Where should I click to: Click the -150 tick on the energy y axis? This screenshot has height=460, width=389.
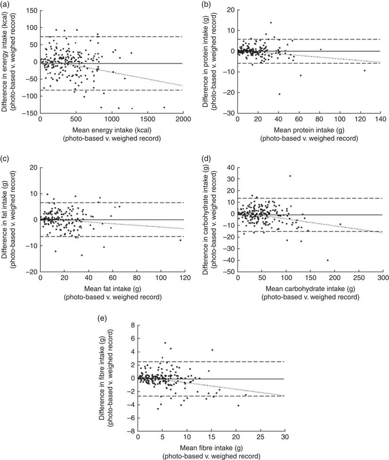coord(30,113)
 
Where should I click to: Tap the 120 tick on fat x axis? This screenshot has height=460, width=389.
coord(185,278)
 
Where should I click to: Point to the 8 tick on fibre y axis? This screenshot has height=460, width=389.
coord(129,325)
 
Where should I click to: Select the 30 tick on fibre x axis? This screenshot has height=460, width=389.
coord(285,437)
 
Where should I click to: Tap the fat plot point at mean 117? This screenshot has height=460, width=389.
coord(180,240)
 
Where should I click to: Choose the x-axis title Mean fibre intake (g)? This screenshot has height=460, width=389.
coord(210,446)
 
